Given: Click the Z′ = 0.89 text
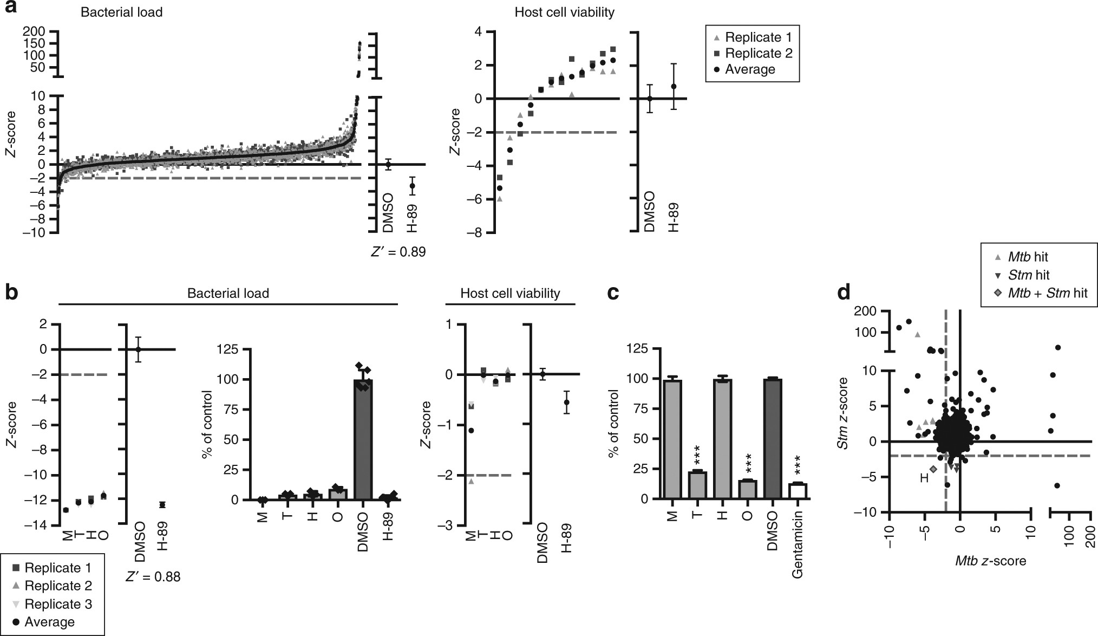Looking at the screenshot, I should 395,252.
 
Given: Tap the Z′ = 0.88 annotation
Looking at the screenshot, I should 153,577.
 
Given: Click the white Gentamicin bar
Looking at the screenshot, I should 798,491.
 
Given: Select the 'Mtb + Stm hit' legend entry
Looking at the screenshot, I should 1040,293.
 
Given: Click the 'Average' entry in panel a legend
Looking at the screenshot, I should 749,69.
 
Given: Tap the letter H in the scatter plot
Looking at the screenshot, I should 924,478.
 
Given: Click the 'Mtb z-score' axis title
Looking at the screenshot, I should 991,561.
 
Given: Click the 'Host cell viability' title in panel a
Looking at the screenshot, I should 564,12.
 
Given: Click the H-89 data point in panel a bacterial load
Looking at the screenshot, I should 412,186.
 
